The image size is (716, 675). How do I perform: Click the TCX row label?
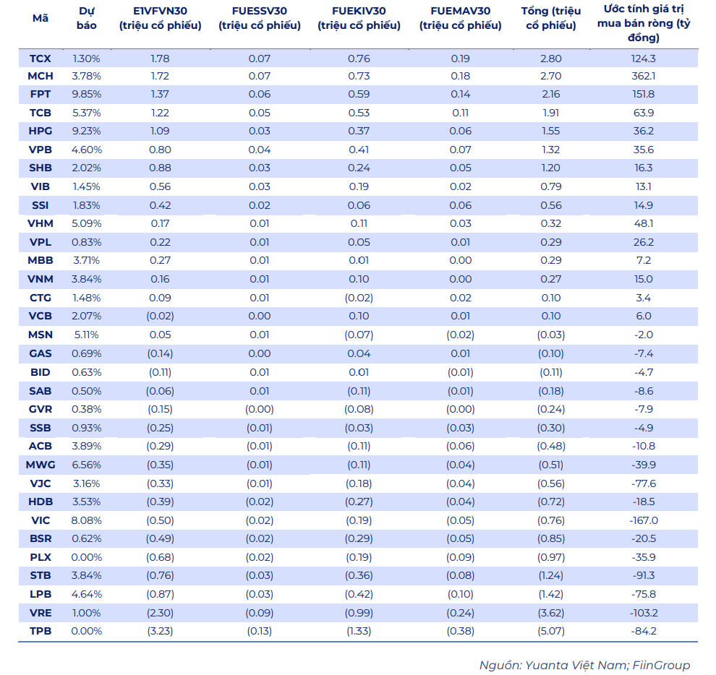click(x=41, y=59)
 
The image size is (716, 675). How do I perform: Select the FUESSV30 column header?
click(x=260, y=18)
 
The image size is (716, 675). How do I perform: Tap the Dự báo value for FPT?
click(x=86, y=95)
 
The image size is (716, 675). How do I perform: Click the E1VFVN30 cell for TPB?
click(x=160, y=631)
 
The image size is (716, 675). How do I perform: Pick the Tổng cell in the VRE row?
click(x=550, y=613)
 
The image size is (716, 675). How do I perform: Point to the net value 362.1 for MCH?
click(x=643, y=76)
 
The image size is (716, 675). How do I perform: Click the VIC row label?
click(x=41, y=520)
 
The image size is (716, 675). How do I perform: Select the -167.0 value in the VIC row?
click(x=643, y=520)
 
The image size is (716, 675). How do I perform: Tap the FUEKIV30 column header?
click(x=359, y=18)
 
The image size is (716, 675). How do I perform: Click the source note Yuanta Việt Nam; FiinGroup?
click(x=584, y=666)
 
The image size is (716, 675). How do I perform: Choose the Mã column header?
click(x=41, y=18)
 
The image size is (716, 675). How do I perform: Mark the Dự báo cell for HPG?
click(x=86, y=131)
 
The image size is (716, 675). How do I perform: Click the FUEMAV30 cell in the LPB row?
click(x=460, y=594)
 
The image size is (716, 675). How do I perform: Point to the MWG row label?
click(x=41, y=465)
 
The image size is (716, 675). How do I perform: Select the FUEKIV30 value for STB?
click(x=359, y=575)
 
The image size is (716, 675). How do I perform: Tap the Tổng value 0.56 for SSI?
click(x=550, y=205)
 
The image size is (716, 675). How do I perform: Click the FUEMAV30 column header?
click(x=460, y=18)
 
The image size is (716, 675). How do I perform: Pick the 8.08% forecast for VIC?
click(x=86, y=520)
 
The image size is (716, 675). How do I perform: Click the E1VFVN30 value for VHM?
click(x=160, y=223)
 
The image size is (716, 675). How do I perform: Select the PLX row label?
click(x=41, y=557)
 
